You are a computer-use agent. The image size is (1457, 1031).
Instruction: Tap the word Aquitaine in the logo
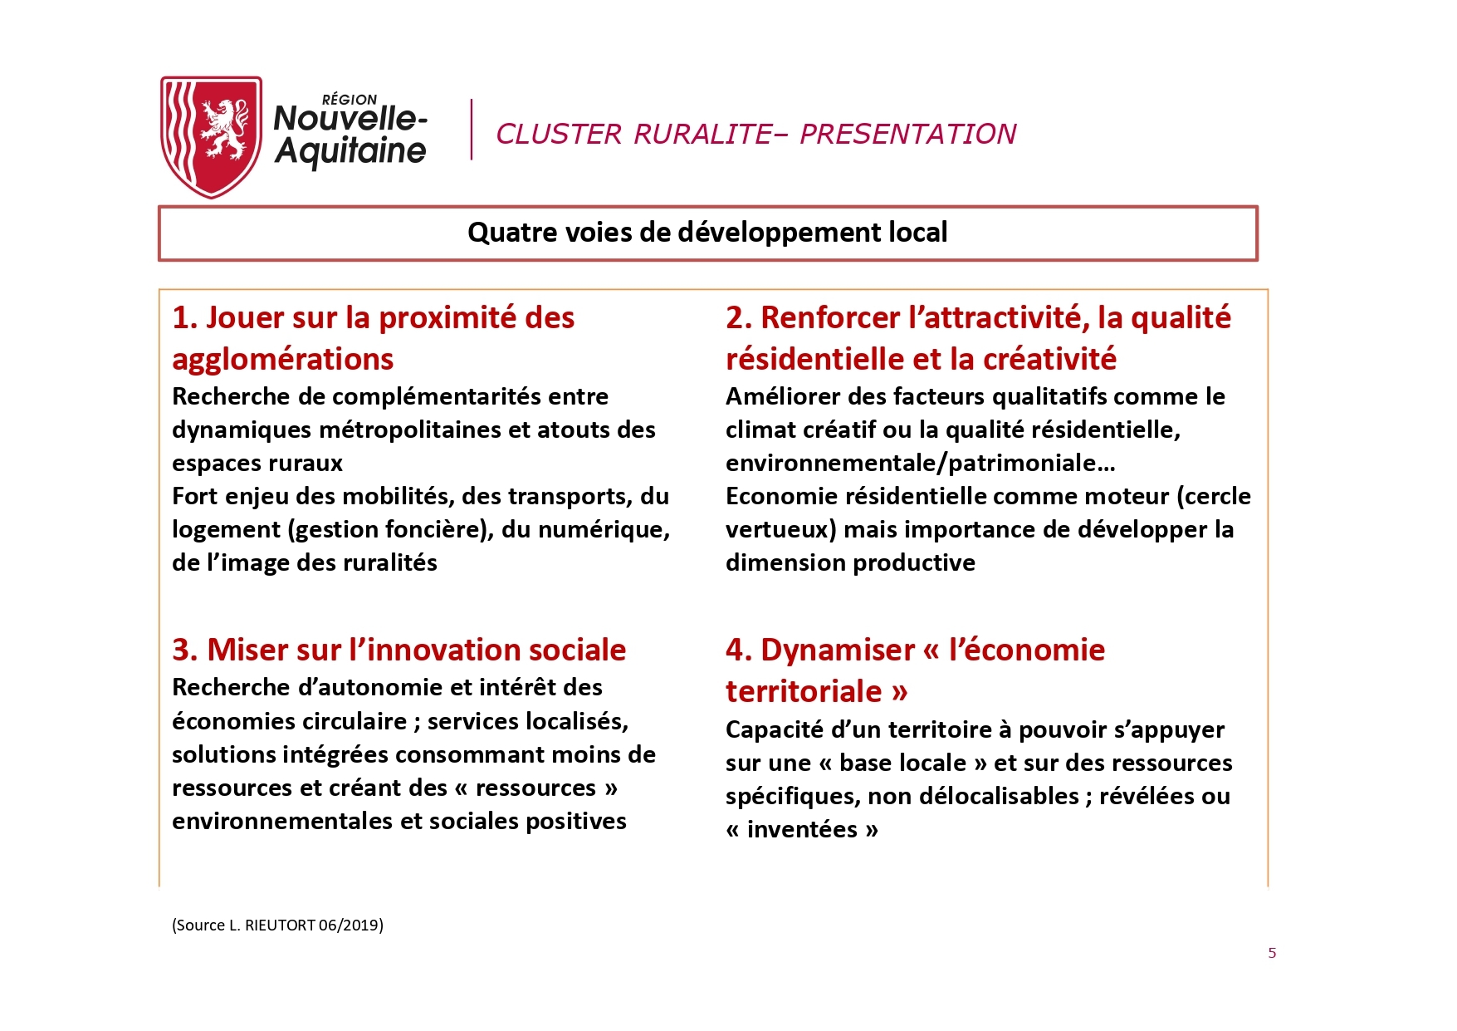click(350, 151)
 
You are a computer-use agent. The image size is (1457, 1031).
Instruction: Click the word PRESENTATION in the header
click(908, 134)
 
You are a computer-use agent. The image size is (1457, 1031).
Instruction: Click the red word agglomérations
click(283, 359)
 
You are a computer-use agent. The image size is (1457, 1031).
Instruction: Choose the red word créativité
click(1050, 359)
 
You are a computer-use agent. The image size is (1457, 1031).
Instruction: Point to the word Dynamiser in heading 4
click(838, 650)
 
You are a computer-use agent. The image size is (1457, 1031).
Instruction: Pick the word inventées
click(802, 829)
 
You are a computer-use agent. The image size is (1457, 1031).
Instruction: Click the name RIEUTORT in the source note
click(280, 925)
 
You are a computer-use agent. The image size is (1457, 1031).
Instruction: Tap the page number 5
click(1272, 953)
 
